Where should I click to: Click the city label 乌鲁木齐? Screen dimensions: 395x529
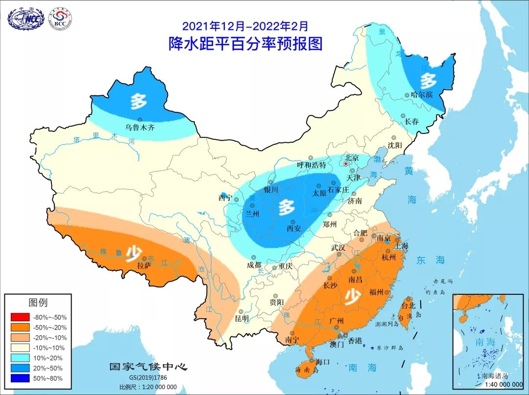pos(140,128)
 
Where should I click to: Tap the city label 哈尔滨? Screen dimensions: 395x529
pos(422,94)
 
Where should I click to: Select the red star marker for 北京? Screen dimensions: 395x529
pos(345,164)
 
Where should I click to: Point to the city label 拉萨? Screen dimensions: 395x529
pos(144,266)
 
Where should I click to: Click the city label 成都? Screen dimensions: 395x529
pos(254,265)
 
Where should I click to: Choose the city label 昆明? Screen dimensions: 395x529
pos(241,318)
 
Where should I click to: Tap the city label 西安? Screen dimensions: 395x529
pos(294,228)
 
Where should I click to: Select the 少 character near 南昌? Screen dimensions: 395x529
pos(351,296)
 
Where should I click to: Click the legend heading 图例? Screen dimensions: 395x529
pos(38,303)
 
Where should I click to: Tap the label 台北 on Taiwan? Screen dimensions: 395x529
pos(408,306)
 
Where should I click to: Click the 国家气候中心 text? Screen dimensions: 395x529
pos(148,367)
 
